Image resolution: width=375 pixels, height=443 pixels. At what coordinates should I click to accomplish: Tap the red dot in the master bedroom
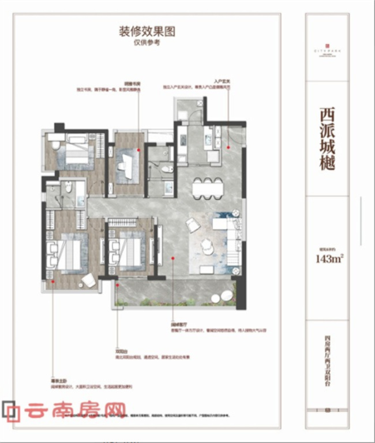coord(52,282)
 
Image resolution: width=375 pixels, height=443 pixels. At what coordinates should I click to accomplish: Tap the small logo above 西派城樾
coord(327,43)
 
